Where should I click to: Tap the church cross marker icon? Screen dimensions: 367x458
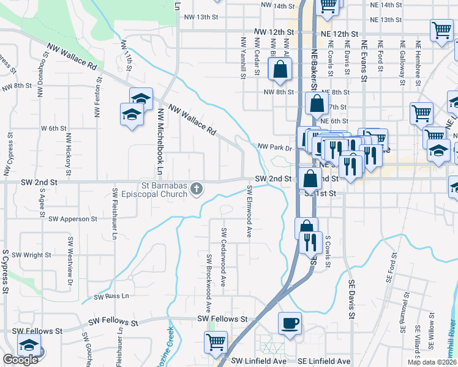tap(197, 189)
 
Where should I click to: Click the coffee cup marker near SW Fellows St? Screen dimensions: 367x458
tap(290, 323)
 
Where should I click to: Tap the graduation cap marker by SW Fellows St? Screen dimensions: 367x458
tap(29, 346)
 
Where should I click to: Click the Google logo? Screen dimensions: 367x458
tap(20, 360)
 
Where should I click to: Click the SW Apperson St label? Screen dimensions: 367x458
tap(73, 218)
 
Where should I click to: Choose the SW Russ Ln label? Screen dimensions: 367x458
tap(111, 296)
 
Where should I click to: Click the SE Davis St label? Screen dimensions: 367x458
tap(351, 300)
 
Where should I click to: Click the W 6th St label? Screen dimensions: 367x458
tap(53, 128)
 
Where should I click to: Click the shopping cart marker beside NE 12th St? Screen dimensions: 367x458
tap(441, 30)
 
